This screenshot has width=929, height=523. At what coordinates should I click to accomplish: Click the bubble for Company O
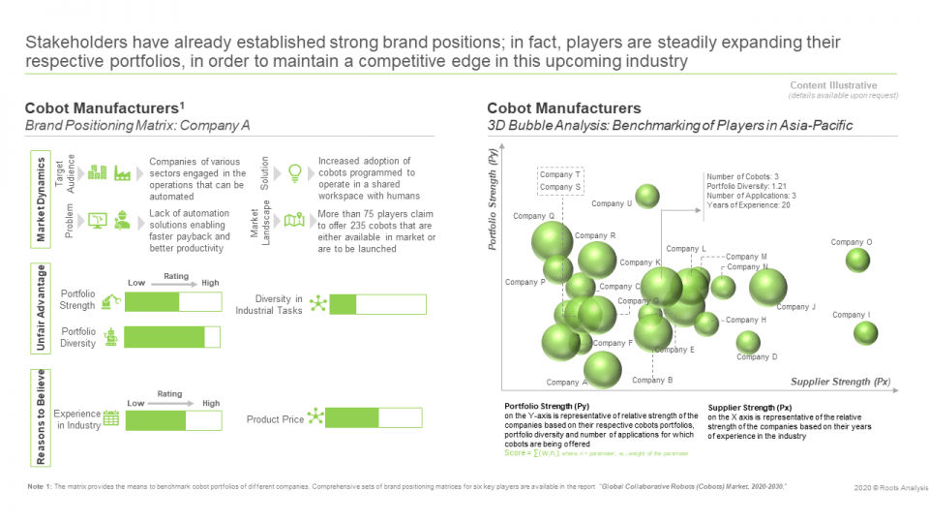[x=857, y=260]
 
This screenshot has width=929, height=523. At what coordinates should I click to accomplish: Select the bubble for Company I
[x=865, y=332]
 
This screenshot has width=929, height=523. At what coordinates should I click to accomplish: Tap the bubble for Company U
[x=647, y=197]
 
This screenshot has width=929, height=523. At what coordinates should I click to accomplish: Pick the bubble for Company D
[x=748, y=342]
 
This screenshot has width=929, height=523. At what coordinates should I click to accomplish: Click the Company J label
[x=796, y=307]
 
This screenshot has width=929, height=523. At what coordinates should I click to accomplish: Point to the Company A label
[x=566, y=383]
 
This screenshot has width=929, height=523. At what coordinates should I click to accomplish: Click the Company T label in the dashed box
[x=560, y=174]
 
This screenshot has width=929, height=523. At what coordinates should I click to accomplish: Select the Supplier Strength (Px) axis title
[x=840, y=382]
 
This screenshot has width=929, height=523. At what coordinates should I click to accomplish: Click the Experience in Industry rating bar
[x=170, y=420]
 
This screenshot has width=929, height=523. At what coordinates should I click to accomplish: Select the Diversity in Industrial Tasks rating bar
[x=376, y=305]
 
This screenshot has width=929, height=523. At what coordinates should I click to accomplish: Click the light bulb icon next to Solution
[x=295, y=171]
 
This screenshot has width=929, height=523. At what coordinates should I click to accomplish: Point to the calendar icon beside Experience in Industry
[x=111, y=419]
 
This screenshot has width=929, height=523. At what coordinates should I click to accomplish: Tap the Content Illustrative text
[x=833, y=85]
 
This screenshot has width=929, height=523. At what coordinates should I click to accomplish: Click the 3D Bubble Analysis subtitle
[x=670, y=127]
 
